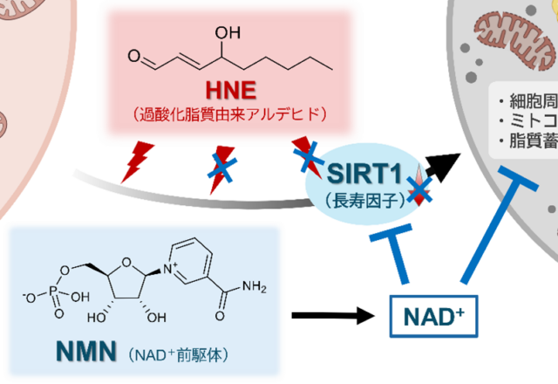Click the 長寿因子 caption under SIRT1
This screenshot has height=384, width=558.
coord(361,200)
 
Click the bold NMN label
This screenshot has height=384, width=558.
coord(83,353)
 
